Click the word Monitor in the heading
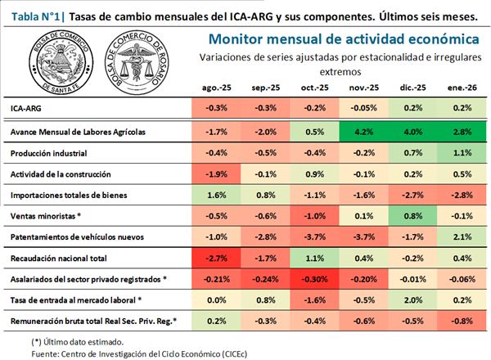tap(236, 38)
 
